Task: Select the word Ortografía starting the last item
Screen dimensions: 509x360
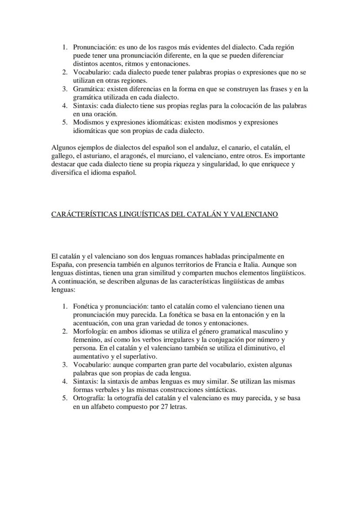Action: coord(89,398)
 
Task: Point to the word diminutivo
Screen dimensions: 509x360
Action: coord(258,348)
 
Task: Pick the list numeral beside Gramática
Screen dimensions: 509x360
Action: coord(65,89)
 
